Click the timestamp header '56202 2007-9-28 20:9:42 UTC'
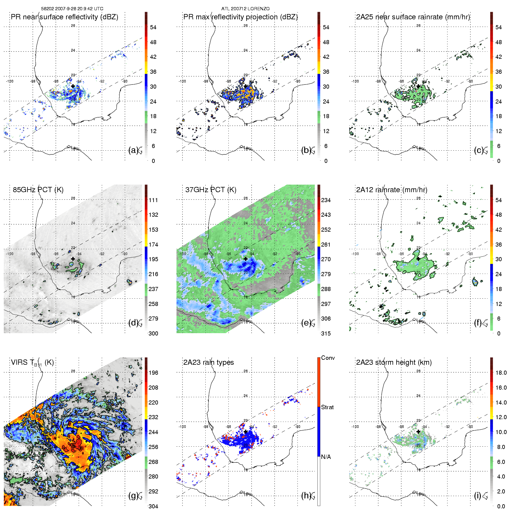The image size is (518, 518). (72, 9)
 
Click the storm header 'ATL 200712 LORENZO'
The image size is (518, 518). (245, 9)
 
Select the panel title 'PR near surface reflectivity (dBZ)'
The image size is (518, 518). (64, 17)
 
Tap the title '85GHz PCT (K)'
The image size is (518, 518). (38, 190)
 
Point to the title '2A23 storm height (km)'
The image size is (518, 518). (394, 362)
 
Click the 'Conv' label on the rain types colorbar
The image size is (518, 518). (328, 358)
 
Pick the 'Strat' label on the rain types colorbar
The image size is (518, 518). (327, 407)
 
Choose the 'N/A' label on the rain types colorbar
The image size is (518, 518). (326, 457)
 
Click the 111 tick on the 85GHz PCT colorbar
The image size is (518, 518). (153, 200)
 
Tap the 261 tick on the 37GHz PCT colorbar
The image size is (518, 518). (326, 245)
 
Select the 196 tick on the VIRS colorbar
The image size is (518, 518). (153, 373)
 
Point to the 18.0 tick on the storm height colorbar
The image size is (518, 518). (501, 373)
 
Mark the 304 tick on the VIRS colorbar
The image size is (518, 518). (153, 506)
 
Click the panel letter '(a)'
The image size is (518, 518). (133, 150)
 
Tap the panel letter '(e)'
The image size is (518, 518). (306, 323)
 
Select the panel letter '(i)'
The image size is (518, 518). (477, 495)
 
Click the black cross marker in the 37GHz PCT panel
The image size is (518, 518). (246, 259)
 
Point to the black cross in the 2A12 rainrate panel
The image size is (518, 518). (418, 259)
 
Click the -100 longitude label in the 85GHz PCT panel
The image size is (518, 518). (10, 254)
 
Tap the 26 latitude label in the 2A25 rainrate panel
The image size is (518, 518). (419, 26)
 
